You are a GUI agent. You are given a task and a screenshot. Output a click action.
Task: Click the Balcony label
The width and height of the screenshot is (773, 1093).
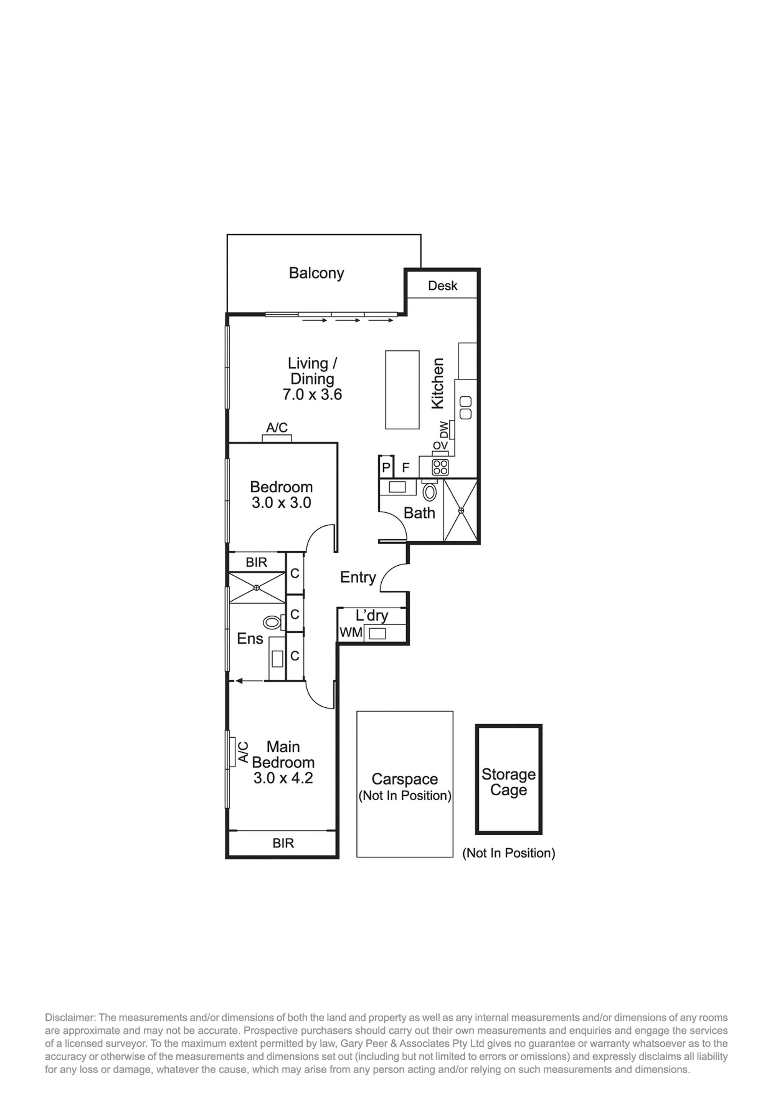[x=316, y=274]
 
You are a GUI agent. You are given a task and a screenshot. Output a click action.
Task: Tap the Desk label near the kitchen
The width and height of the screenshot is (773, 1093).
[x=443, y=286]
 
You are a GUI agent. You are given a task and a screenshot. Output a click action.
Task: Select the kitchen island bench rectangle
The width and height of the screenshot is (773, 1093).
[x=402, y=390]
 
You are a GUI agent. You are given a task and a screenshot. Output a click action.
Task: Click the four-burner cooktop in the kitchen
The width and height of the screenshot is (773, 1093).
[x=440, y=467]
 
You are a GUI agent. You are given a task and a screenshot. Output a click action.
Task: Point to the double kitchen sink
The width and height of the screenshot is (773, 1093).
[x=465, y=408]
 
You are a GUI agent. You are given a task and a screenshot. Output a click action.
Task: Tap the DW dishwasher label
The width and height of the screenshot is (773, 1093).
[x=444, y=430]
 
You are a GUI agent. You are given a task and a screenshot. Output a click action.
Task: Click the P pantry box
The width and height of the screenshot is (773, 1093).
[x=386, y=467]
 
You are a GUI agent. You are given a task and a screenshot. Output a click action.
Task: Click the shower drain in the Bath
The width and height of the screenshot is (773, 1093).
[x=461, y=510]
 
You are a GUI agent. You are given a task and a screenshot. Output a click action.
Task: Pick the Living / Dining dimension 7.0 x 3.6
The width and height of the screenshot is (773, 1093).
[x=312, y=394]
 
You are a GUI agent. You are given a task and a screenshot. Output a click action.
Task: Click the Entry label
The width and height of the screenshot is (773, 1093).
[x=358, y=577]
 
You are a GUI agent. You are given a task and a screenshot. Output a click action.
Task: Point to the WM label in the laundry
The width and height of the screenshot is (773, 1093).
[x=351, y=633]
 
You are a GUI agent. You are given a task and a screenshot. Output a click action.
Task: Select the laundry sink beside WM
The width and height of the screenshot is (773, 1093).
[x=378, y=633]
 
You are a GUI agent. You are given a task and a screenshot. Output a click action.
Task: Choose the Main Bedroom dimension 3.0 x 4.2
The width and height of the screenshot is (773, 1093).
[x=283, y=779]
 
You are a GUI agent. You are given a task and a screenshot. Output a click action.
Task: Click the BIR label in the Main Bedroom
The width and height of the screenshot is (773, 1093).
[x=283, y=844]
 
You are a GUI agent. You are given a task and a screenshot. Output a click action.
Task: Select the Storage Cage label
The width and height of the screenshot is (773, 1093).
[x=508, y=782]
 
